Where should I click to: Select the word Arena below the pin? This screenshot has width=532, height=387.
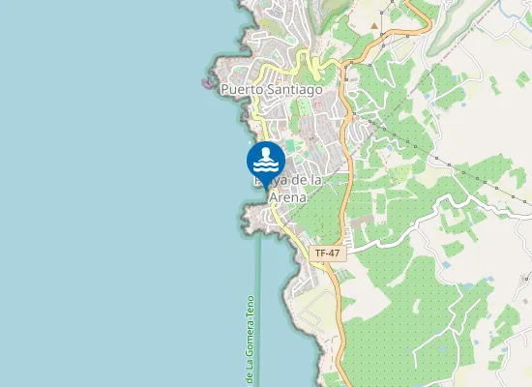287,196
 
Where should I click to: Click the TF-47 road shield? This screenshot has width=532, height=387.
328,253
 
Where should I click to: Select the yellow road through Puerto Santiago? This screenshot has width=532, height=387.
259,116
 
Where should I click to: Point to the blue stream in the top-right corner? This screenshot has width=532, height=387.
455,29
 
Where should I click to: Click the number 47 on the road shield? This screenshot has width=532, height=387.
334,253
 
